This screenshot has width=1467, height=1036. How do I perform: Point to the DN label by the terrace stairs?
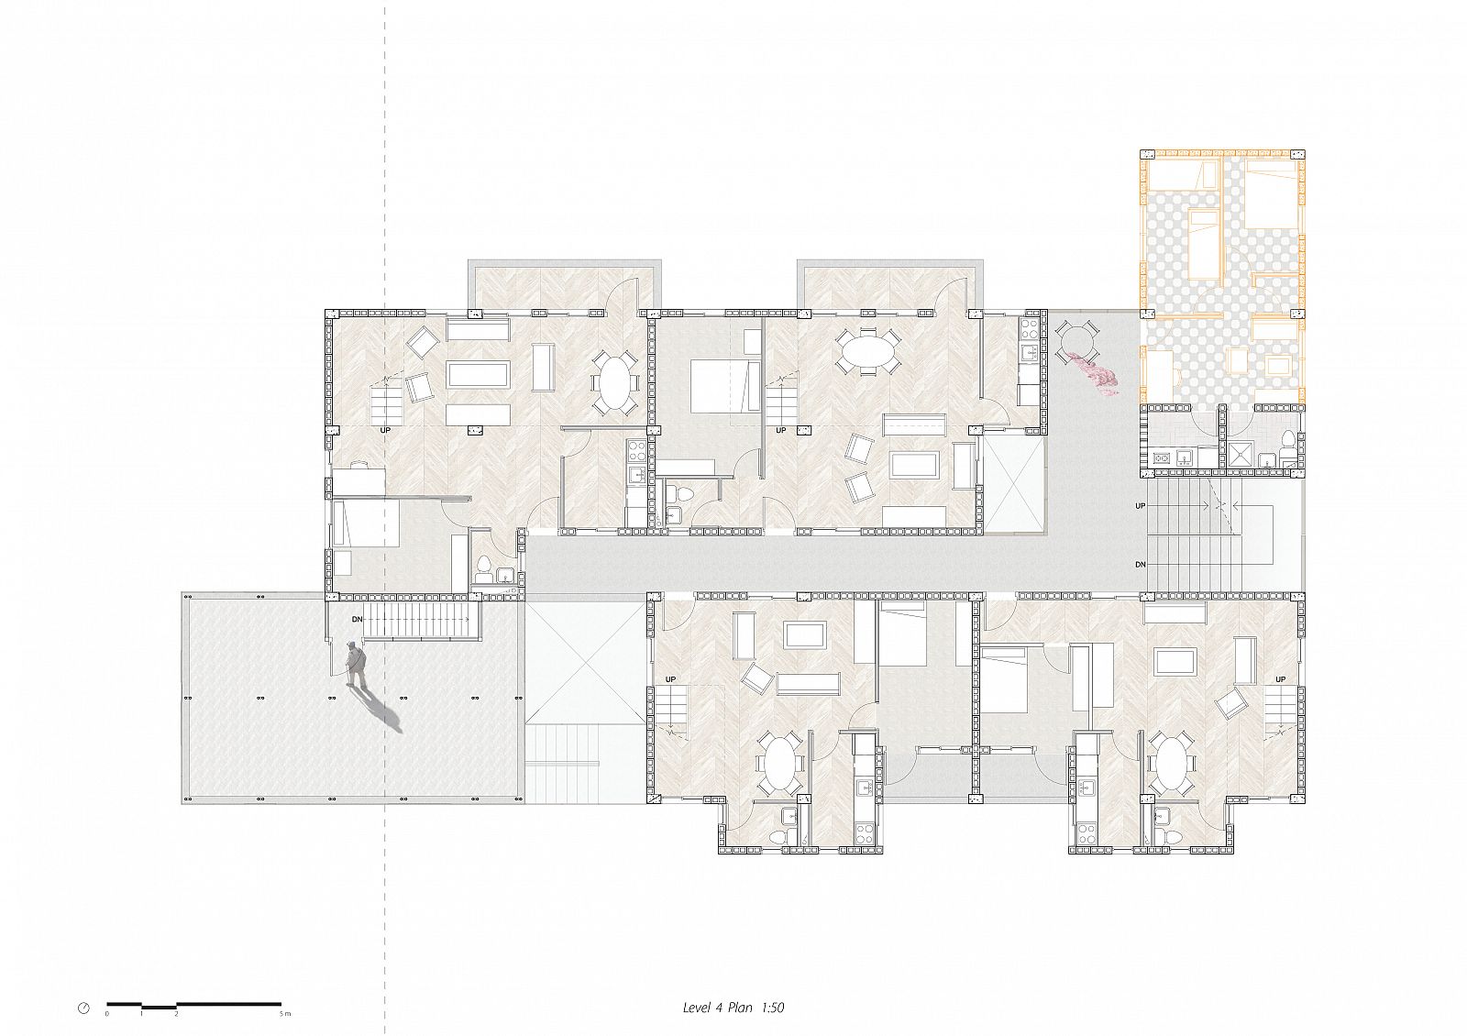pyautogui.click(x=357, y=619)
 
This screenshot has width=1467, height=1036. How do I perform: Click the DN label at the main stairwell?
pyautogui.click(x=1141, y=565)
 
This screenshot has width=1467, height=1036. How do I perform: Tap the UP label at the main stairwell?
pyautogui.click(x=1141, y=506)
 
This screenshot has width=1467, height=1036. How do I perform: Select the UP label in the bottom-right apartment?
pyautogui.click(x=1280, y=679)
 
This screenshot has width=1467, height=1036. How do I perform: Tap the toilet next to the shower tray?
pyautogui.click(x=1287, y=439)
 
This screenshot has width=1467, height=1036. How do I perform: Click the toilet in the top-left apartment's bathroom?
pyautogui.click(x=483, y=566)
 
